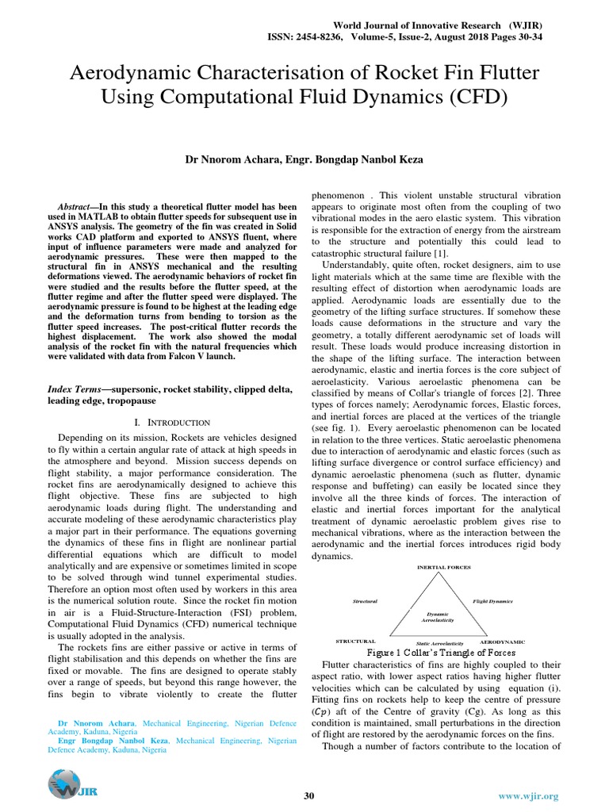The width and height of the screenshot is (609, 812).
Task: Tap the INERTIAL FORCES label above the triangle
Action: (x=443, y=568)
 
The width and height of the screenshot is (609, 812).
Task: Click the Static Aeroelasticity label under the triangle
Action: (x=439, y=642)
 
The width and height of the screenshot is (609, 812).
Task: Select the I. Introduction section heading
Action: (x=172, y=422)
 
